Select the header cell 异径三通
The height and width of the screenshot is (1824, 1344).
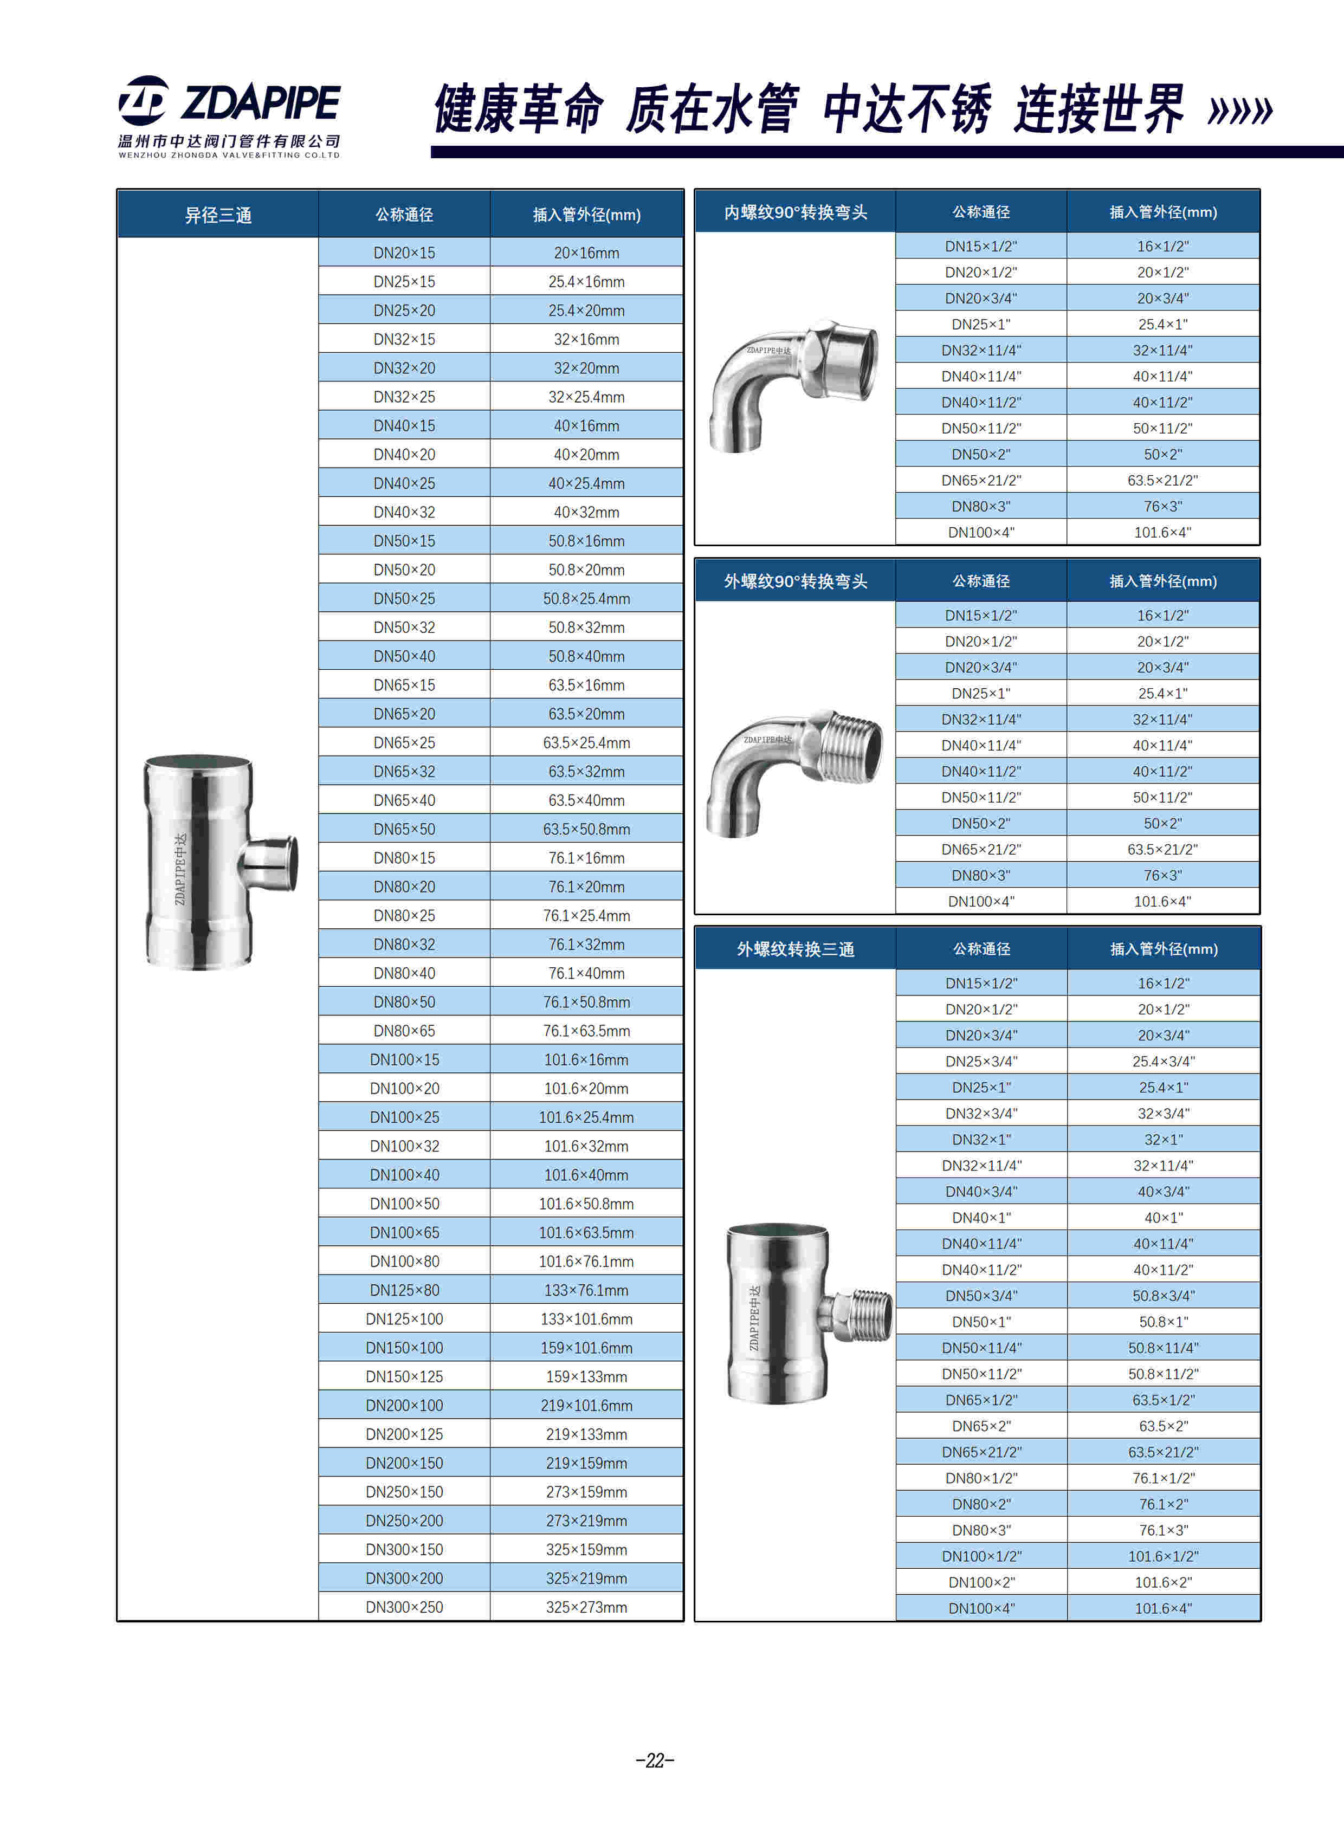point(218,215)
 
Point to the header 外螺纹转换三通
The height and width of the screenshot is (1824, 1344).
point(795,949)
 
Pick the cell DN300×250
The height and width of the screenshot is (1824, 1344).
point(404,1607)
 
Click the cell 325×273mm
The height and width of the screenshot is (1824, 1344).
point(586,1607)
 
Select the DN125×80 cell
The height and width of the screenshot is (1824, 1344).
point(404,1290)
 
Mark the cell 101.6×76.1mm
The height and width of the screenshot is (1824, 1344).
point(586,1261)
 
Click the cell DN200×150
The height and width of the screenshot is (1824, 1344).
point(404,1463)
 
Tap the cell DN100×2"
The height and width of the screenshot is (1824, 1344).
point(981,1582)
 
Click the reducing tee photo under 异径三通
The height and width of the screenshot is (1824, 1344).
point(218,862)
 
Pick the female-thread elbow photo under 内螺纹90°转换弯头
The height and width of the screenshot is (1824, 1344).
point(793,384)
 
